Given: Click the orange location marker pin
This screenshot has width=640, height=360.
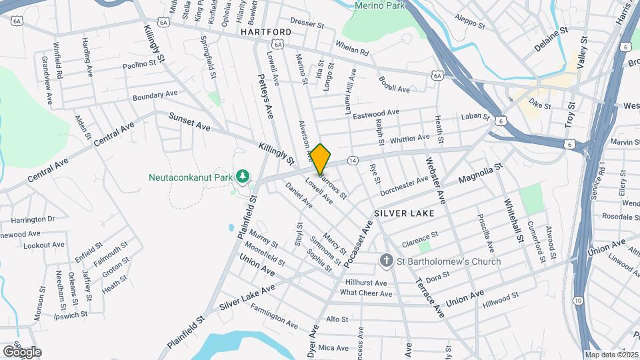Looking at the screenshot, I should tap(320, 159).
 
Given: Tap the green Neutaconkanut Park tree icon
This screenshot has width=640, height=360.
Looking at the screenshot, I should tap(244, 176).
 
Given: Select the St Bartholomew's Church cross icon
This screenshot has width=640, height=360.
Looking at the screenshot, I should tap(386, 261).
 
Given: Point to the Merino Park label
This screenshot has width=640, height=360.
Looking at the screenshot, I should tap(381, 5).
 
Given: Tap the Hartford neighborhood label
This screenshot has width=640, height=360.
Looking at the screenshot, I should tap(266, 32).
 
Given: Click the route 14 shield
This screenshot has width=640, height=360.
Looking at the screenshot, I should tap(353, 161).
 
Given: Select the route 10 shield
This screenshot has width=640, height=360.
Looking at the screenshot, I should tap(577, 301).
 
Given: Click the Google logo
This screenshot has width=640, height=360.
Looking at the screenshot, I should tap(22, 351).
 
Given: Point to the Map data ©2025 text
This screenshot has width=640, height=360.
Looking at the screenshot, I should tap(611, 355).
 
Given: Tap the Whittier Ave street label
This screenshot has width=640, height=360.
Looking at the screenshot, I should tap(410, 139).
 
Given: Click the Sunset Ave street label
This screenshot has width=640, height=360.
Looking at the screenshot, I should tap(189, 122).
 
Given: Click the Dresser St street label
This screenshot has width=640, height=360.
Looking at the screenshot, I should tap(307, 23).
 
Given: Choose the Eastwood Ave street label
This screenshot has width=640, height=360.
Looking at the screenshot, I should tap(376, 115).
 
